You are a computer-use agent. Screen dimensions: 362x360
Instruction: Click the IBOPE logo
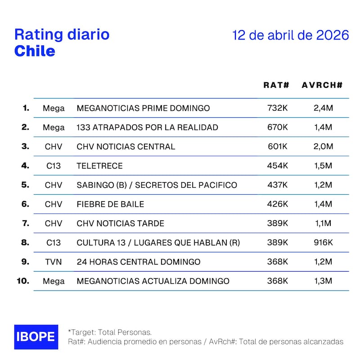(x=36, y=337)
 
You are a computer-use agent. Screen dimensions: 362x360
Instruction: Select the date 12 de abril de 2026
(x=291, y=36)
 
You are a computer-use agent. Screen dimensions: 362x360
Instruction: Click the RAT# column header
(x=276, y=85)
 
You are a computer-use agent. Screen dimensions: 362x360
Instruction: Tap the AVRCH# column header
(x=322, y=85)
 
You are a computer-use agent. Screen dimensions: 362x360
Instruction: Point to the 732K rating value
(x=277, y=108)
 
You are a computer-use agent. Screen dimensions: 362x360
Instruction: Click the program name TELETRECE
(x=99, y=166)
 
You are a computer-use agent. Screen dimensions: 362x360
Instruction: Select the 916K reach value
(x=323, y=243)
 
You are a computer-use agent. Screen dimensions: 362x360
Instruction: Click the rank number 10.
(x=23, y=281)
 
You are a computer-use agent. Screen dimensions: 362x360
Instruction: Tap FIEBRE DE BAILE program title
(x=110, y=204)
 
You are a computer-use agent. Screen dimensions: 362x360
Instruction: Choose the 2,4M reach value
(x=323, y=108)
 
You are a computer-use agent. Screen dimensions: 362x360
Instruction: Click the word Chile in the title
(x=35, y=51)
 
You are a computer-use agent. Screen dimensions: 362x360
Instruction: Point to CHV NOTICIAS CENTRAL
(x=126, y=147)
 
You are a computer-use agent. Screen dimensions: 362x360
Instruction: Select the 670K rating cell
(x=277, y=127)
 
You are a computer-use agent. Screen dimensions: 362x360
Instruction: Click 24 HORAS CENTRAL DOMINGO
(x=139, y=262)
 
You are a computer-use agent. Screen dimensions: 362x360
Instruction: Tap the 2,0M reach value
(x=323, y=147)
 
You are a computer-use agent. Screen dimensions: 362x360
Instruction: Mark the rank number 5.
(x=25, y=185)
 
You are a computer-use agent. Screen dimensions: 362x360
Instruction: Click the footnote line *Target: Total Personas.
(x=110, y=332)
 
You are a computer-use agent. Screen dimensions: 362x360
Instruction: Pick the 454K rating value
(x=277, y=166)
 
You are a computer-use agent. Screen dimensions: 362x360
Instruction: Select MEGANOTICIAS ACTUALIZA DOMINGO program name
(x=153, y=281)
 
